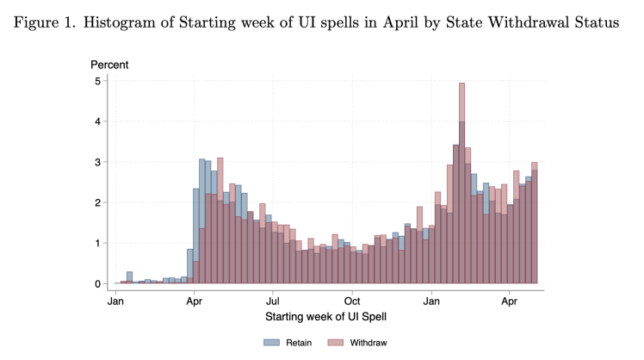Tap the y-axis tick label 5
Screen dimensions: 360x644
pyautogui.click(x=97, y=82)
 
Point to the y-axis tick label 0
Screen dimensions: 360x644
pyautogui.click(x=97, y=284)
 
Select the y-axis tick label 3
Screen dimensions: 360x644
pyautogui.click(x=97, y=163)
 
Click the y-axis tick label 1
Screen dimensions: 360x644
pyautogui.click(x=97, y=244)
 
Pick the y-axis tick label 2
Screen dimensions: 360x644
pyautogui.click(x=97, y=203)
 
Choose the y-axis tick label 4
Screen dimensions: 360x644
pyautogui.click(x=97, y=122)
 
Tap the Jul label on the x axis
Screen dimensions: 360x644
pyautogui.click(x=273, y=302)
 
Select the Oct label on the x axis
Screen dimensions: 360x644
pyautogui.click(x=352, y=302)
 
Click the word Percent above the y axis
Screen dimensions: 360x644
pyautogui.click(x=110, y=65)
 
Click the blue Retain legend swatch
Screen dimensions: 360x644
pyautogui.click(x=272, y=343)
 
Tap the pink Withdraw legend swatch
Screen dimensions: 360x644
pyautogui.click(x=335, y=343)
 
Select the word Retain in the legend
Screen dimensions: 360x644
pyautogui.click(x=298, y=343)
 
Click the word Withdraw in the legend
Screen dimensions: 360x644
pyautogui.click(x=368, y=343)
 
